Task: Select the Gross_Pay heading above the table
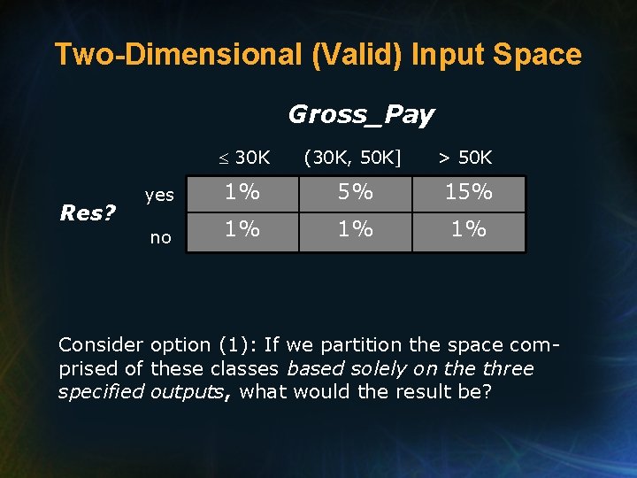click(361, 114)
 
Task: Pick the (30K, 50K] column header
click(352, 158)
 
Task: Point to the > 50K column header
click(466, 158)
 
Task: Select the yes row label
click(159, 196)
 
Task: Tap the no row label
click(160, 237)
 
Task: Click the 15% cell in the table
click(469, 192)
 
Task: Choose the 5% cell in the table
click(356, 192)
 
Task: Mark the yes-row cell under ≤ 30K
click(242, 192)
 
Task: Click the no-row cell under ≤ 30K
click(242, 230)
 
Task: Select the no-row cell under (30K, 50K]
click(356, 230)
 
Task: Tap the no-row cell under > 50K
click(469, 230)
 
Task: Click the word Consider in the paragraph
click(101, 345)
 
